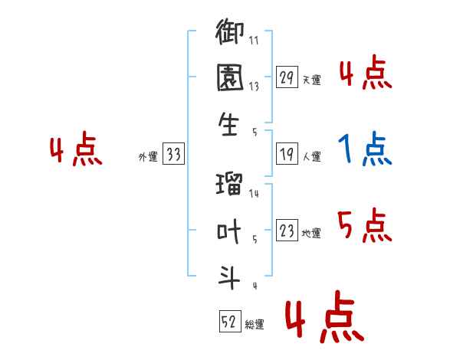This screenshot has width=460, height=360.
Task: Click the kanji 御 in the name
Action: point(229,31)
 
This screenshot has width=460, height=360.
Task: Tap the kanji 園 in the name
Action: point(230,77)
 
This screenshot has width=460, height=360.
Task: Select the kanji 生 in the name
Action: point(228,124)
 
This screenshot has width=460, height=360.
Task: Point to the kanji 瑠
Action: point(229,184)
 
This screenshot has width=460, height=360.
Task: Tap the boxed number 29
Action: point(287,77)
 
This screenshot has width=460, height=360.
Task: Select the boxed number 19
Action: point(287,154)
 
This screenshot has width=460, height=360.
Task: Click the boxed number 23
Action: point(287,230)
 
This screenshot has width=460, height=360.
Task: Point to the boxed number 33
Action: point(173,154)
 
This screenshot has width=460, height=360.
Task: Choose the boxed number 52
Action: point(230,321)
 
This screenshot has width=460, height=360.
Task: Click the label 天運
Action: point(312,80)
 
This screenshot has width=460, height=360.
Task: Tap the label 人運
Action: point(312,156)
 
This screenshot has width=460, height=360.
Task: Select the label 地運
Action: point(311,233)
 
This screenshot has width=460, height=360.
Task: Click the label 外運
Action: point(148,156)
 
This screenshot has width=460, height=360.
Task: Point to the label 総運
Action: point(255,324)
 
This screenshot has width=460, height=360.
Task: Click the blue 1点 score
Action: point(365,149)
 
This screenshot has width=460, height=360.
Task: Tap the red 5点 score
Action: point(365,225)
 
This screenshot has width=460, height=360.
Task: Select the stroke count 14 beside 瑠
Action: point(254,193)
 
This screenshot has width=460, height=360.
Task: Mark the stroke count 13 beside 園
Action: point(254,87)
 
